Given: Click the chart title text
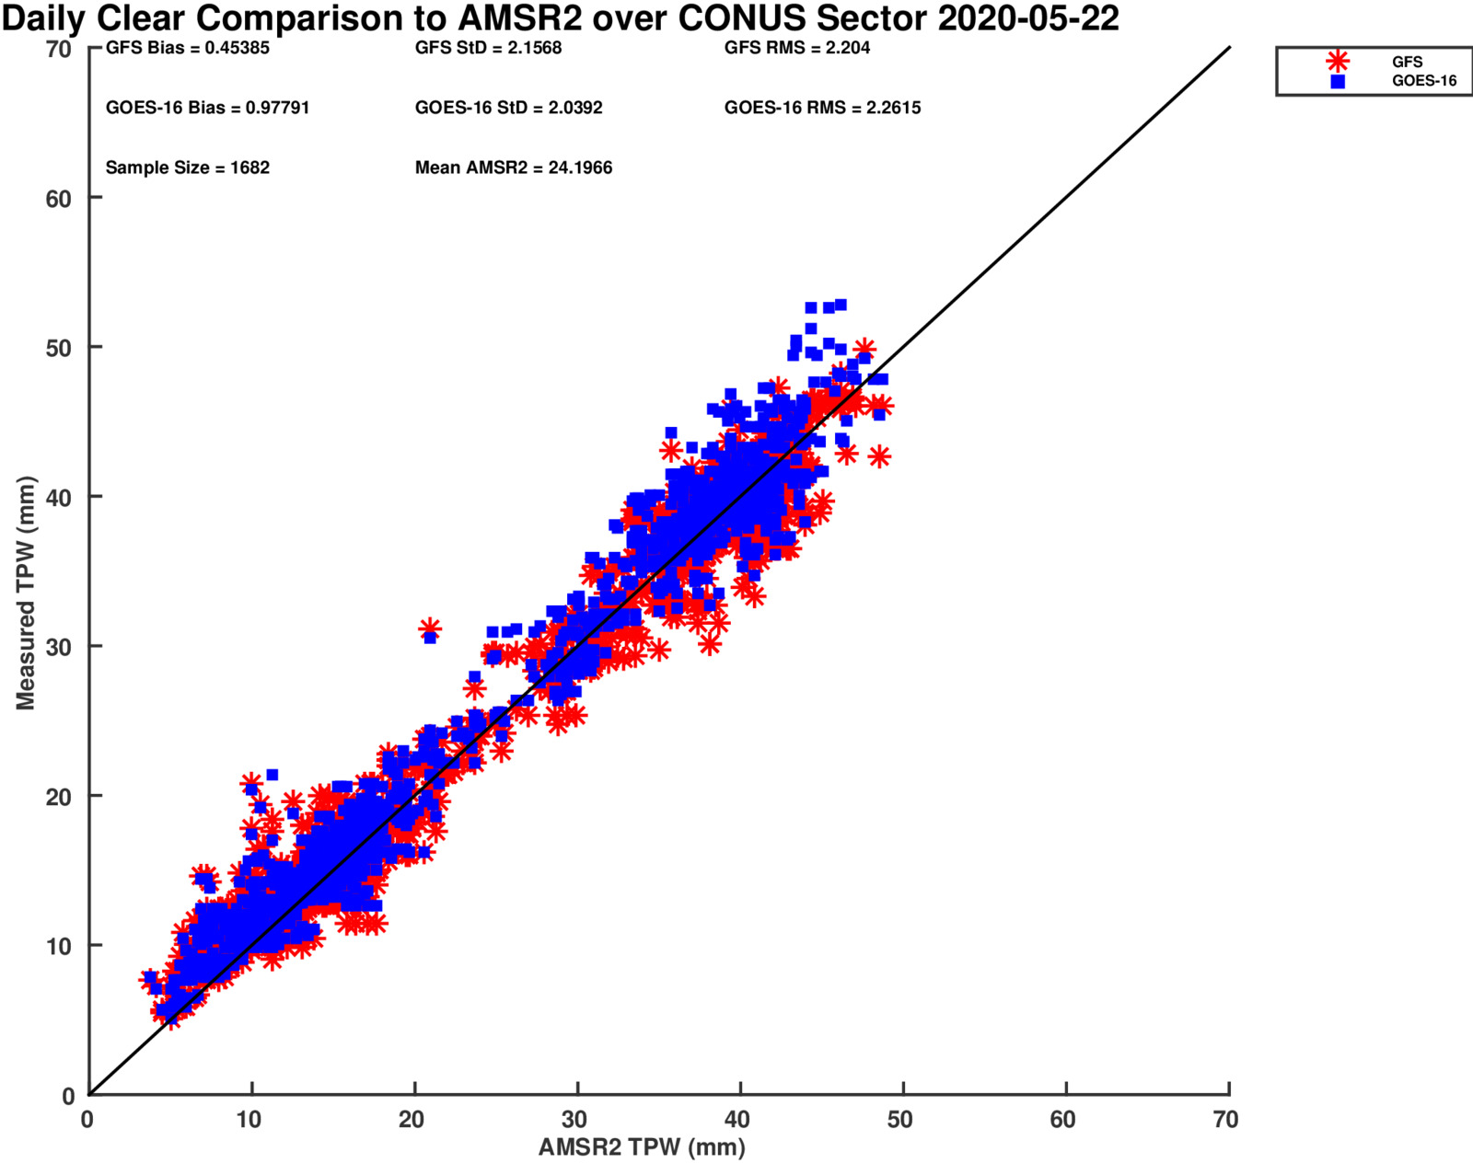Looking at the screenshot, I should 560,18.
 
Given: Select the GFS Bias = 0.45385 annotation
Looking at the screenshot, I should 188,48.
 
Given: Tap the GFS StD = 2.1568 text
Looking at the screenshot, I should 488,48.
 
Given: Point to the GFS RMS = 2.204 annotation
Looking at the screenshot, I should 797,48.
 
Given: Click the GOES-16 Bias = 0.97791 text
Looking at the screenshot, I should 207,108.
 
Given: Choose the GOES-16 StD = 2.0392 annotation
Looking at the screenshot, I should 508,108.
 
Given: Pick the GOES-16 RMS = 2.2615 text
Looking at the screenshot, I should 822,108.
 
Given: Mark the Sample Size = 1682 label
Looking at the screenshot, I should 188,167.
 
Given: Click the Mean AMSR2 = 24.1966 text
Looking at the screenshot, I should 514,167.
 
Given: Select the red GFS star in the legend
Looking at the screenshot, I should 1338,62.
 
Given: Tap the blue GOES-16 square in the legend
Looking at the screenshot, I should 1338,81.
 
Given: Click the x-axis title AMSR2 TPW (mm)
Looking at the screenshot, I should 642,1147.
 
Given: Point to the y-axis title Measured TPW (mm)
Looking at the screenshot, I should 25,593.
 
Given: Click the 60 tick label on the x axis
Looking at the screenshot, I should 1064,1120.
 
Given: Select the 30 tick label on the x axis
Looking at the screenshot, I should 576,1120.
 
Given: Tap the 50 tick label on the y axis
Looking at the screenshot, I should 59,348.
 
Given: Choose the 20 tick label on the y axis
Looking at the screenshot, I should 59,797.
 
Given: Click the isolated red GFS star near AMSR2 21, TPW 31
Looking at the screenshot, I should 430,629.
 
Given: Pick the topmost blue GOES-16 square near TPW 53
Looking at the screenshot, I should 840,305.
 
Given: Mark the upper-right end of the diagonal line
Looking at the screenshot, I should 1229,47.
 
